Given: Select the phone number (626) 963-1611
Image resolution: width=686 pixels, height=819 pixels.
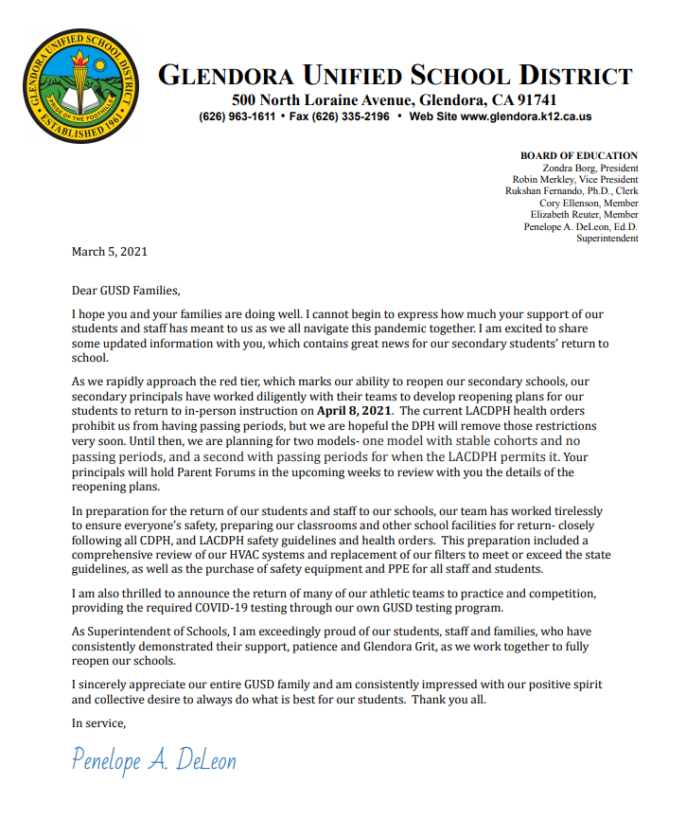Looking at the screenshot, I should tap(237, 116).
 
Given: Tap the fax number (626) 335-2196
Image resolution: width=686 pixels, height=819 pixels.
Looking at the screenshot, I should tap(351, 116).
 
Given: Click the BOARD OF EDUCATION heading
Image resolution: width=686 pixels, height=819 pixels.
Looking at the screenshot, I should tap(578, 155).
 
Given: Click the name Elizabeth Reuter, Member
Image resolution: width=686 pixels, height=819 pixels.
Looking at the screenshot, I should tap(584, 215).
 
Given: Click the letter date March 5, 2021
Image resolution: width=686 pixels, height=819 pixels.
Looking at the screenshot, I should tap(110, 252).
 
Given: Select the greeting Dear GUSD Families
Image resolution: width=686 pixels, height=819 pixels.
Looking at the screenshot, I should tap(125, 290).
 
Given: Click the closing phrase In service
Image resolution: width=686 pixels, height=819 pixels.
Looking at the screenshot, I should tap(98, 723).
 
